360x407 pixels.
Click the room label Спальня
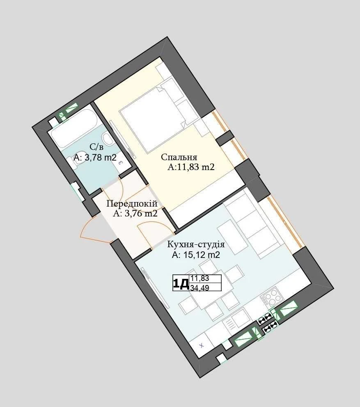point(179,157)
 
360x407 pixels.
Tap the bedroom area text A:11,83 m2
point(191,167)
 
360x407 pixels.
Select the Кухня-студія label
point(196,244)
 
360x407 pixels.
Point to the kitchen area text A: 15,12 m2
point(196,255)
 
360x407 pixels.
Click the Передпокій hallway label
point(132,204)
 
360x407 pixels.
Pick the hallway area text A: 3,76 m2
point(135,214)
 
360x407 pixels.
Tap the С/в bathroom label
point(96,147)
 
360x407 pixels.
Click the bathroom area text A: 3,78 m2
point(95,157)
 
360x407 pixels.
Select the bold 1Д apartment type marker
point(181,284)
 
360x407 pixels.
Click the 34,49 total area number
point(200,287)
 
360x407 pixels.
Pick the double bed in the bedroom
point(153,120)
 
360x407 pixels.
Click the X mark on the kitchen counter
point(202,345)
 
